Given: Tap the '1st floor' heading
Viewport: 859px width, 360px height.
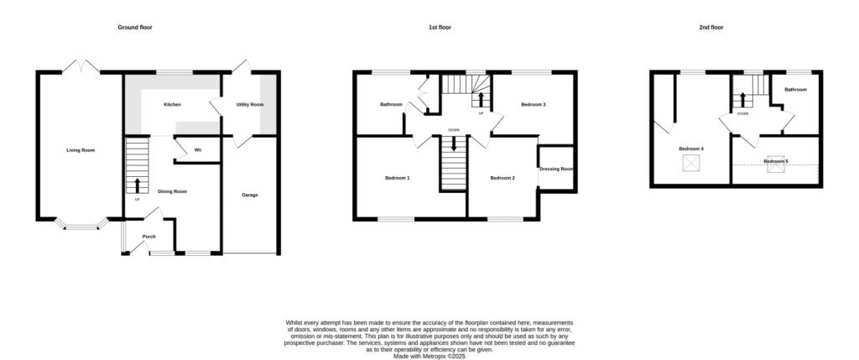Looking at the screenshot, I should pyautogui.click(x=440, y=28).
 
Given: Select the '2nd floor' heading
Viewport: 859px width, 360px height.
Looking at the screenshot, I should pyautogui.click(x=711, y=28).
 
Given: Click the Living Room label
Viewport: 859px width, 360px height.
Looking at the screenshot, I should pyautogui.click(x=81, y=150).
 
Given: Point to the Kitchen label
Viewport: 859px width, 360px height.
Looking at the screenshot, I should pyautogui.click(x=172, y=104).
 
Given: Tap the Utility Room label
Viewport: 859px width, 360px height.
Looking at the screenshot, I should pyautogui.click(x=250, y=104).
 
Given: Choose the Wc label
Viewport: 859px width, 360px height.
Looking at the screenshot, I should pyautogui.click(x=198, y=150).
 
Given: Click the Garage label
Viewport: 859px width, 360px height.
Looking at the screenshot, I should pyautogui.click(x=250, y=195).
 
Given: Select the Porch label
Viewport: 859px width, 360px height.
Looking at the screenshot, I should pyautogui.click(x=148, y=236).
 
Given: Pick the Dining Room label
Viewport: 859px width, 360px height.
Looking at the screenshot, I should pyautogui.click(x=173, y=191).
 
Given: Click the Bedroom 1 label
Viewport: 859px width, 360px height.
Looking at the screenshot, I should pyautogui.click(x=397, y=178).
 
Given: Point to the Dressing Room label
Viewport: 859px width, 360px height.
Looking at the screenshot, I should pyautogui.click(x=556, y=169).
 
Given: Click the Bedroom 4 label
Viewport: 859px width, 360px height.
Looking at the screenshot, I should pyautogui.click(x=691, y=149).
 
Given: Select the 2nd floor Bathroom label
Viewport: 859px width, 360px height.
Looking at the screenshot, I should pyautogui.click(x=795, y=89).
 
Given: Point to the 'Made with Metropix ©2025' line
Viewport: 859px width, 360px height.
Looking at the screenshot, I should pyautogui.click(x=429, y=356).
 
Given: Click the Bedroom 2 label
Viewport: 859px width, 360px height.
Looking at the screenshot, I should pyautogui.click(x=502, y=178).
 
